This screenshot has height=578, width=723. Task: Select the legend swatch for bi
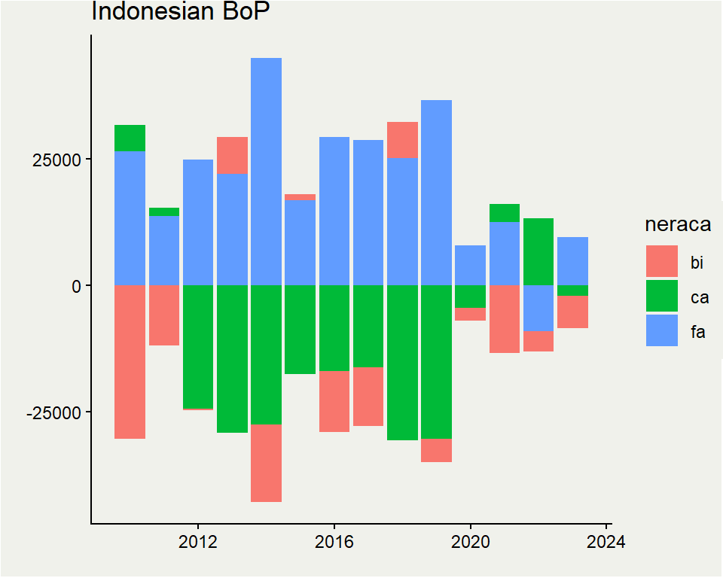[662, 261]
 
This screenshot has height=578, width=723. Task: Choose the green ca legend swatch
[662, 297]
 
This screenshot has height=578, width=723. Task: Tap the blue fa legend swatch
[662, 330]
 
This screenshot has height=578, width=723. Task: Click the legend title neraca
[678, 225]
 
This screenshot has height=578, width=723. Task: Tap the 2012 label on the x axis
[197, 542]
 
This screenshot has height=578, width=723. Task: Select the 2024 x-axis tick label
[607, 542]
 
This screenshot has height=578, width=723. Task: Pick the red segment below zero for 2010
[130, 362]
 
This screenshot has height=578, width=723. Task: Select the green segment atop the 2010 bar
[130, 138]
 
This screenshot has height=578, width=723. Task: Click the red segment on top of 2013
[232, 156]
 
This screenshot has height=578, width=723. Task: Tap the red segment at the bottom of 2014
[266, 463]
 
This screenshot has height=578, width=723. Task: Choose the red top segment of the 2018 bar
[402, 140]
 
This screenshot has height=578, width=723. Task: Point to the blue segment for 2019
[436, 193]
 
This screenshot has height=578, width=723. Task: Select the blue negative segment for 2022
[538, 308]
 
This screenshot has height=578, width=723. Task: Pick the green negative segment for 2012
[197, 347]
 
